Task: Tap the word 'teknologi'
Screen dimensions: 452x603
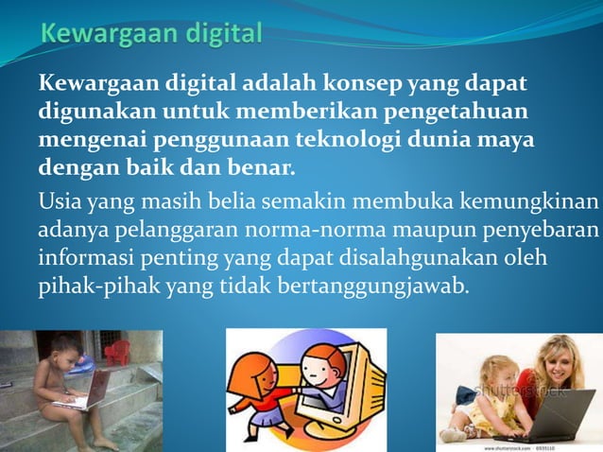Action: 354,141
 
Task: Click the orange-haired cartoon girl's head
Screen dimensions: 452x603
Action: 255,369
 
